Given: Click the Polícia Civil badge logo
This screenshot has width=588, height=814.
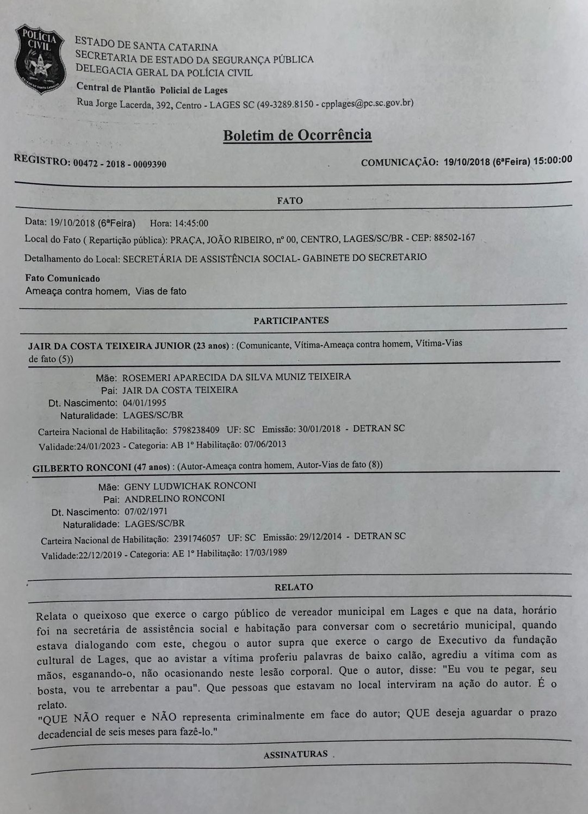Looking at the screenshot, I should tap(40, 59).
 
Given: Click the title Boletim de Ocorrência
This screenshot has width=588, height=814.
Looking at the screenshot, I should tap(298, 135).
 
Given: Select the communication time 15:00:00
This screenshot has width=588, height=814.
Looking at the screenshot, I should tap(553, 160).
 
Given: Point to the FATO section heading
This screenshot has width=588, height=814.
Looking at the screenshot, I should tap(290, 201).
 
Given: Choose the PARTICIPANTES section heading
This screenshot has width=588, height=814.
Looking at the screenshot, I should tap(291, 321).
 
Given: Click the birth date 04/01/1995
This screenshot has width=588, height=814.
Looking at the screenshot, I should tap(144, 403).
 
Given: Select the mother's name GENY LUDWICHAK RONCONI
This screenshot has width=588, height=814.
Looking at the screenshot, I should tap(190, 486).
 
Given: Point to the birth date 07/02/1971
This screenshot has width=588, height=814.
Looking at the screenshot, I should tap(146, 512).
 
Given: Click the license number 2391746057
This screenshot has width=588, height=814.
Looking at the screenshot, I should tap(197, 539).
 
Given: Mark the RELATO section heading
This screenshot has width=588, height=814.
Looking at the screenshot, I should tap(294, 587).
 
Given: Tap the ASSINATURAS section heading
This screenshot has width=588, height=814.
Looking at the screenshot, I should tap(296, 754).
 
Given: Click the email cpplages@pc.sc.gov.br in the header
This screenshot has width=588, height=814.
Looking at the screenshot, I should tap(366, 103).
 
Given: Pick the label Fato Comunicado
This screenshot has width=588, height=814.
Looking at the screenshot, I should tap(63, 278).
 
